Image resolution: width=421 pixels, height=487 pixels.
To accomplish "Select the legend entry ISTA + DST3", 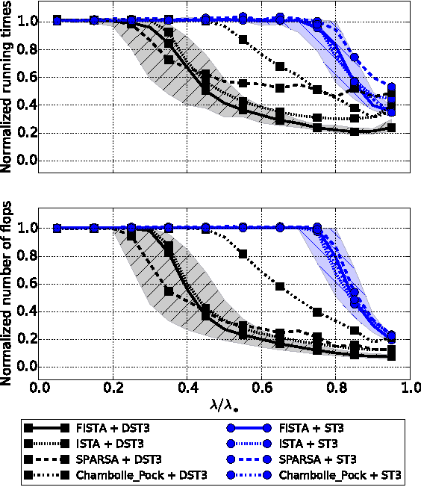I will (x=109, y=444).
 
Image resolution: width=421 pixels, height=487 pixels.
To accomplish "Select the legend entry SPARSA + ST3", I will (x=319, y=459).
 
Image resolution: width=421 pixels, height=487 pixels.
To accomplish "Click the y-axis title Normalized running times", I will (x=7, y=88).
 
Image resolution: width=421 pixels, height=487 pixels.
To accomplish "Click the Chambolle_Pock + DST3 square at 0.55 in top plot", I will (x=243, y=39).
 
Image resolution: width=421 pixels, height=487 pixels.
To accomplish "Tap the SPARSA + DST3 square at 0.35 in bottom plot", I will (x=169, y=291).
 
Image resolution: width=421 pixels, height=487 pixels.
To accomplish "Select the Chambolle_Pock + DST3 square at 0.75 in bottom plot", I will (x=316, y=311).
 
